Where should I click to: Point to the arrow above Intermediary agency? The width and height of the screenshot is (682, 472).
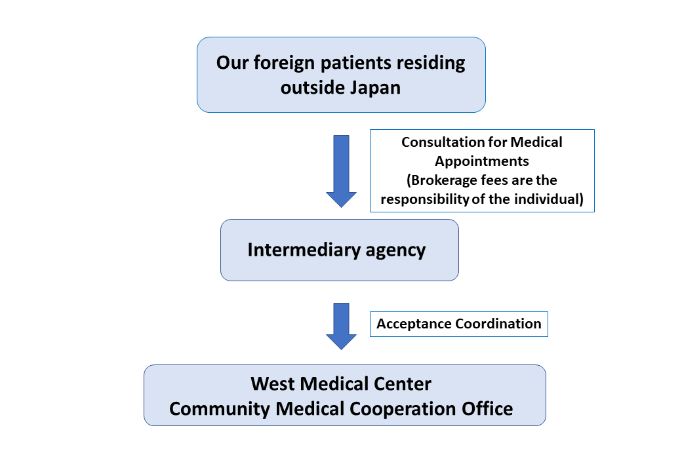click(x=341, y=170)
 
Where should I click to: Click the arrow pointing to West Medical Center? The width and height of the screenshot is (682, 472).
click(x=341, y=326)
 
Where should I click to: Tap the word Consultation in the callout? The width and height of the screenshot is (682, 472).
click(x=441, y=142)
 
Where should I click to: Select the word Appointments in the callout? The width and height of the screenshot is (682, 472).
click(x=482, y=161)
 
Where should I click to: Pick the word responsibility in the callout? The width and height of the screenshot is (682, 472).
click(x=424, y=199)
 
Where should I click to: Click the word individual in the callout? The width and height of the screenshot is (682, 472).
click(x=550, y=199)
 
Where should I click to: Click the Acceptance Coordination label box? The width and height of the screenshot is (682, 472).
click(x=458, y=324)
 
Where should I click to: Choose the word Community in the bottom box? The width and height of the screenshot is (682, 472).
click(x=220, y=408)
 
